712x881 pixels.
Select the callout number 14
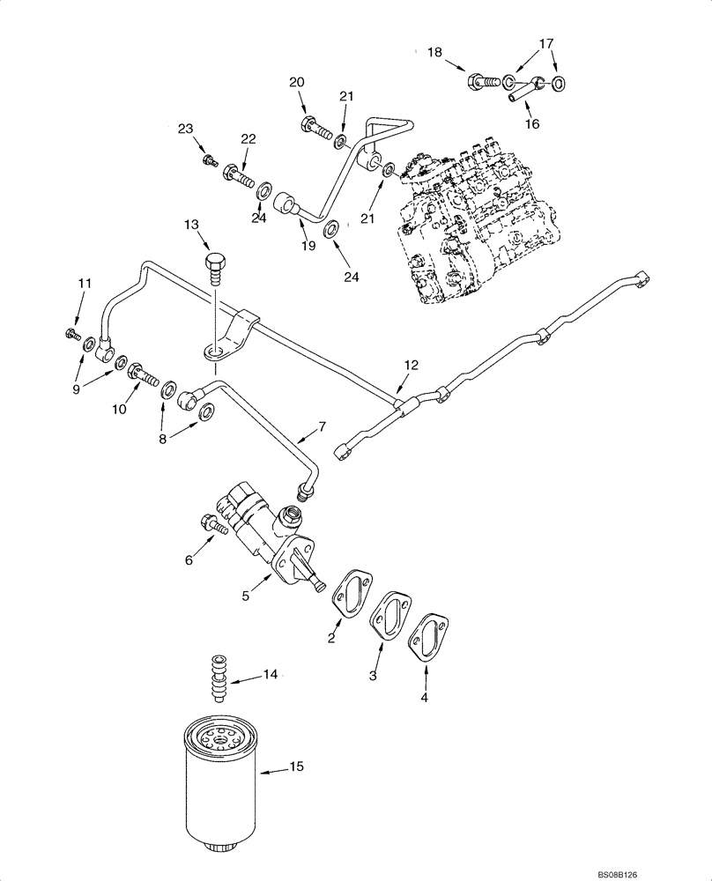[x=271, y=675]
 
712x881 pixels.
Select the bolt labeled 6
[x=211, y=523]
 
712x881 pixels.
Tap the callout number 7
[x=321, y=427]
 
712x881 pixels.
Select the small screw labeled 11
[x=70, y=334]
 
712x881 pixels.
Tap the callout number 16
[x=531, y=125]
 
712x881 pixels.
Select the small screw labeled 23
[x=211, y=159]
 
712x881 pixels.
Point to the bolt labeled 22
[x=238, y=174]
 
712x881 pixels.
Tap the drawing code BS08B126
[x=674, y=873]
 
